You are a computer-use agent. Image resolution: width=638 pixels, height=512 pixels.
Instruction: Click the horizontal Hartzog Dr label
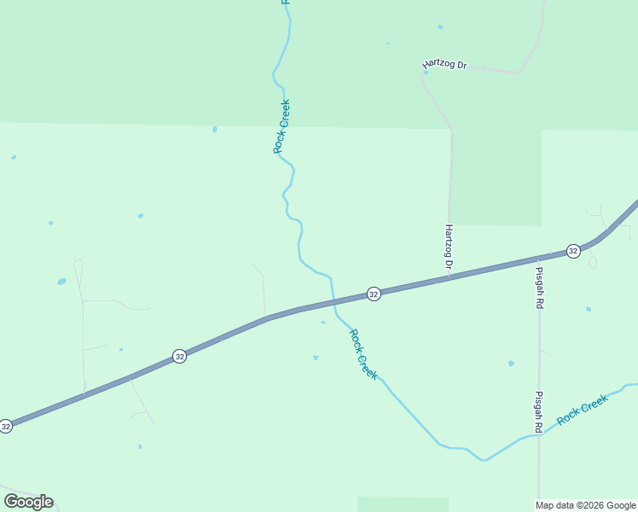click(445, 65)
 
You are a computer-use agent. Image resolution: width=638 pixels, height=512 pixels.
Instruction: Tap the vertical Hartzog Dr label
click(449, 247)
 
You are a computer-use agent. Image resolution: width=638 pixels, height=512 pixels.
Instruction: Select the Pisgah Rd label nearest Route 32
click(538, 288)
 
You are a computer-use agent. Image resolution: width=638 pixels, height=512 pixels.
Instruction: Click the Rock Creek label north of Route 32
click(281, 126)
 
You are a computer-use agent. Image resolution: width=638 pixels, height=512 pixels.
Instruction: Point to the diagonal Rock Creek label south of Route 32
click(364, 354)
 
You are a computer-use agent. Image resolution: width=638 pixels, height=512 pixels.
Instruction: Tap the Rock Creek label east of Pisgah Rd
click(583, 410)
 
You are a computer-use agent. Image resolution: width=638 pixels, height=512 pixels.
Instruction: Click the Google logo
click(28, 501)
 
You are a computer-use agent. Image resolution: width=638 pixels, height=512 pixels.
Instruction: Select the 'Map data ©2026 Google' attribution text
click(586, 505)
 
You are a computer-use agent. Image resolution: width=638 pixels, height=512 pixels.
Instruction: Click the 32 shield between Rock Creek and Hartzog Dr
click(374, 294)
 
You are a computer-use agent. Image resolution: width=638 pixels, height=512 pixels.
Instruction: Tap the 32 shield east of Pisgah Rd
click(573, 251)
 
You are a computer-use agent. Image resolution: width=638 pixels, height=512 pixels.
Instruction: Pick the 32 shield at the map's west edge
click(6, 425)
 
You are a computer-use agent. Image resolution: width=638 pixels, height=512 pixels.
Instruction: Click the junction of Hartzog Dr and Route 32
click(448, 277)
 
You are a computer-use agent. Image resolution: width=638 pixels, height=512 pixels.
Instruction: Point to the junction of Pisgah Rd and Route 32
click(538, 257)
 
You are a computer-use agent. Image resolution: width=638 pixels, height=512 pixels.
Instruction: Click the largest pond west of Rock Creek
click(61, 281)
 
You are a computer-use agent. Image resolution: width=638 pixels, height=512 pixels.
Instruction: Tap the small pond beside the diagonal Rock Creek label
click(316, 358)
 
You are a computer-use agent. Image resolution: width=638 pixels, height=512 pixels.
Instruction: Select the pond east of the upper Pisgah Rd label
click(588, 309)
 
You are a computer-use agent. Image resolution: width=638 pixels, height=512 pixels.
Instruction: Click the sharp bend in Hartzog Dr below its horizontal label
click(424, 74)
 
